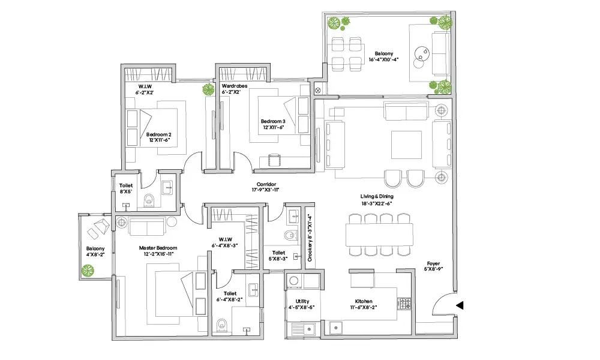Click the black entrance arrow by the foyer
click(460, 305)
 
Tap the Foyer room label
click(433, 263)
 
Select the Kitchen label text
click(364, 301)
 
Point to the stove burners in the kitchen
click(405, 304)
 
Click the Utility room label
click(302, 301)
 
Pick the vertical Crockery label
click(310, 238)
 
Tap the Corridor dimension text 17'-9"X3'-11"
click(266, 190)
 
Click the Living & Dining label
click(377, 196)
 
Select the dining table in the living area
click(379, 235)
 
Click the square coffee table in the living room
click(406, 145)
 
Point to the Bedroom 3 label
click(273, 121)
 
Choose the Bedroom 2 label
click(159, 134)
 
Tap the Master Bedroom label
click(158, 248)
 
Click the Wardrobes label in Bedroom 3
click(235, 86)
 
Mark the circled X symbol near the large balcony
click(317, 91)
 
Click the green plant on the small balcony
click(88, 271)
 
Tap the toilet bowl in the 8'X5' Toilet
click(149, 200)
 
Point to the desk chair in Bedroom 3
click(274, 160)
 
